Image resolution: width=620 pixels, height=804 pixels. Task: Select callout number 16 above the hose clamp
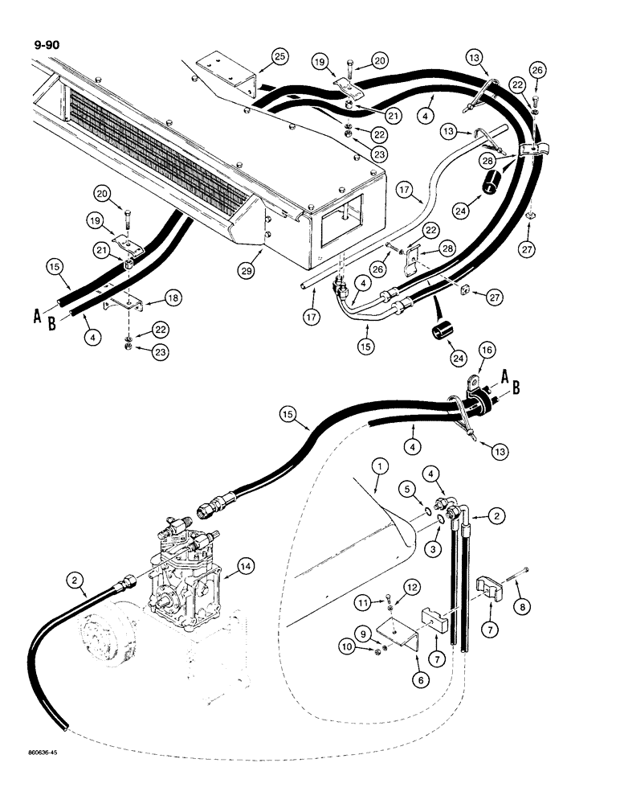[486, 351]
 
